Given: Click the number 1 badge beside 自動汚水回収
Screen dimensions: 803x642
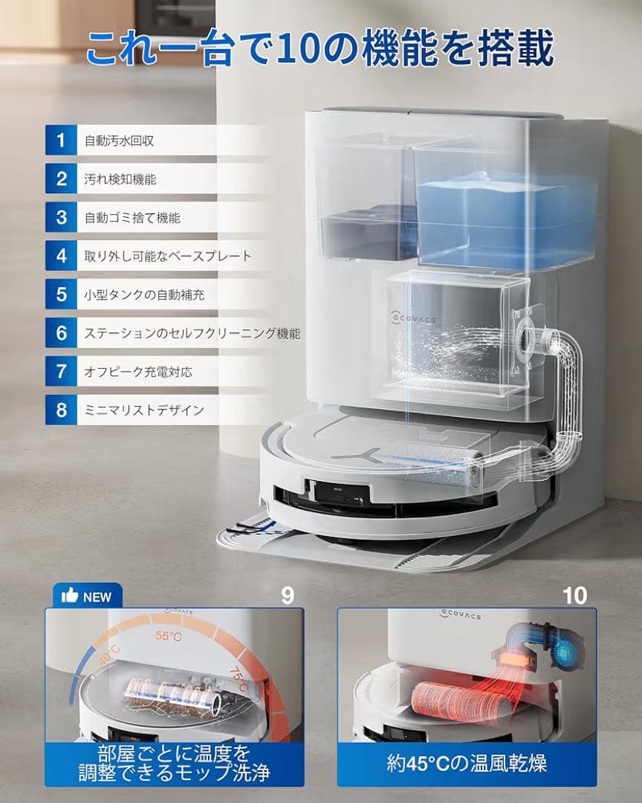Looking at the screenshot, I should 61,140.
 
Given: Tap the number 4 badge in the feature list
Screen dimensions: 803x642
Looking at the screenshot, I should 61,256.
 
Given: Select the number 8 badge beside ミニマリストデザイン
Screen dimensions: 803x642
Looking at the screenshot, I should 61,410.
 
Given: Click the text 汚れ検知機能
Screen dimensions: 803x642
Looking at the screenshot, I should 120,179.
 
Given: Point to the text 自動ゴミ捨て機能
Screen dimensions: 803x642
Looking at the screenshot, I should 132,218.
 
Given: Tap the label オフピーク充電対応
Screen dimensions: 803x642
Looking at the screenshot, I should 137,371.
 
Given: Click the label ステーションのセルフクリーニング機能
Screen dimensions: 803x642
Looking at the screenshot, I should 192,333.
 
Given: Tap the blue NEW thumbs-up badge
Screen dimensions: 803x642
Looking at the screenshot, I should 87,596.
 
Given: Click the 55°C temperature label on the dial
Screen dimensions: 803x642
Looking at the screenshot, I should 168,636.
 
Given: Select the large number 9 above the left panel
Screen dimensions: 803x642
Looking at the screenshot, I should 288,595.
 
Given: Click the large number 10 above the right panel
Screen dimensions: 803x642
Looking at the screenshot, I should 574,595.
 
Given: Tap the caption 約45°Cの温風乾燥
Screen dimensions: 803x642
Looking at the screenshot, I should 467,763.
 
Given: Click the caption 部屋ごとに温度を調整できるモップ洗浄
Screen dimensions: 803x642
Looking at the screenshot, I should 174,763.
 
